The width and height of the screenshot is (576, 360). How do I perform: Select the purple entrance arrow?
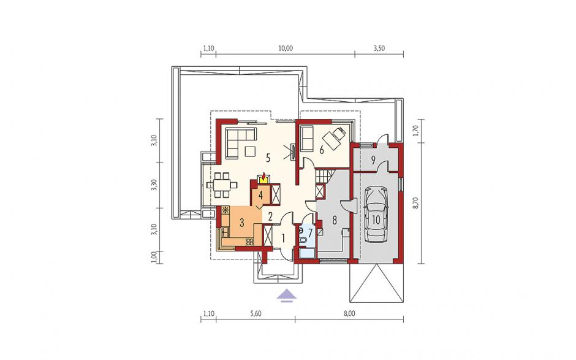(x=287, y=296)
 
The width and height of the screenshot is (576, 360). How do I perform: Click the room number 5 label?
(x=268, y=158)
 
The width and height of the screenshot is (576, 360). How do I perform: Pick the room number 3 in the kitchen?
(x=241, y=222)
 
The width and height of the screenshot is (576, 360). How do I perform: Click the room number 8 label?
(x=335, y=220)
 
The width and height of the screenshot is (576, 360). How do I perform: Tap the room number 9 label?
(x=373, y=159)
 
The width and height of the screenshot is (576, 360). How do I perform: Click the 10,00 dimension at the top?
(x=286, y=48)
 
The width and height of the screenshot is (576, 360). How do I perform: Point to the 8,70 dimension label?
(x=416, y=202)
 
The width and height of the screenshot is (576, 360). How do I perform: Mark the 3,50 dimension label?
(x=379, y=48)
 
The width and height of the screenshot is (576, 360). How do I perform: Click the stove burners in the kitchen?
(x=250, y=242)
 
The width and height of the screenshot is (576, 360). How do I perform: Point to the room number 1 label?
(x=283, y=238)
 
